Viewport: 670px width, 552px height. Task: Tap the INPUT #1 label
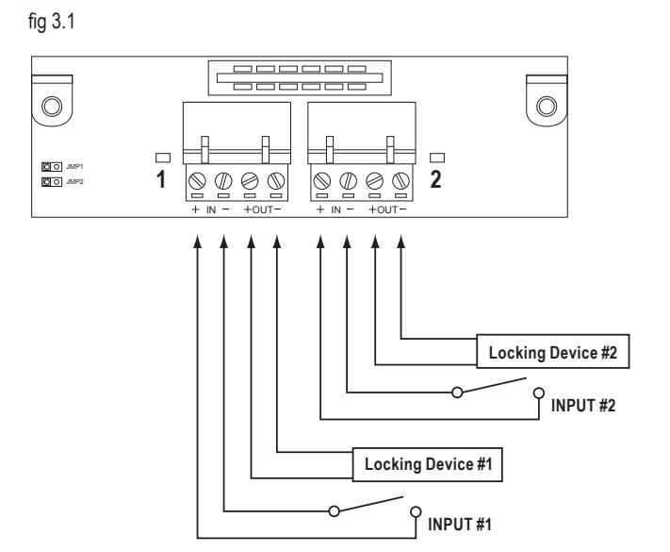click(460, 525)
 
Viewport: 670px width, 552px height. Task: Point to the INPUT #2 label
click(582, 406)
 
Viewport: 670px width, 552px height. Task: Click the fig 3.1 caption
click(51, 22)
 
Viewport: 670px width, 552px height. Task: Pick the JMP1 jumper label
click(74, 166)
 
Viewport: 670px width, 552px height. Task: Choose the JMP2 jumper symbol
click(52, 182)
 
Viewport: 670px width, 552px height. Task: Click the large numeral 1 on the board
click(161, 179)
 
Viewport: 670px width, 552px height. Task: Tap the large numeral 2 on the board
click(435, 179)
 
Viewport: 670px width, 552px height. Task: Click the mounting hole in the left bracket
click(52, 106)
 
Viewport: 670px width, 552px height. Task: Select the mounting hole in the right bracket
click(547, 106)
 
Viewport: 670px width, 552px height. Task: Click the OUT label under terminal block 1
click(262, 209)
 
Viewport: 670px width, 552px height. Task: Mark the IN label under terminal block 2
click(335, 209)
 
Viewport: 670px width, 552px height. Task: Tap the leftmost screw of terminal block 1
click(197, 181)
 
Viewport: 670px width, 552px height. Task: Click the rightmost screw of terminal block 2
click(400, 181)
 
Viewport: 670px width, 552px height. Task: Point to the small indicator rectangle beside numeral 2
click(437, 158)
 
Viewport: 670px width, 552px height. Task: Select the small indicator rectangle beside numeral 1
click(163, 158)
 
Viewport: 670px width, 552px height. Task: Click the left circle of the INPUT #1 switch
click(335, 510)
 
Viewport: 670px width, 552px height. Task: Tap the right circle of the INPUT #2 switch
click(539, 393)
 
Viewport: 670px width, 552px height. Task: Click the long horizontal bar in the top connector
click(300, 78)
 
